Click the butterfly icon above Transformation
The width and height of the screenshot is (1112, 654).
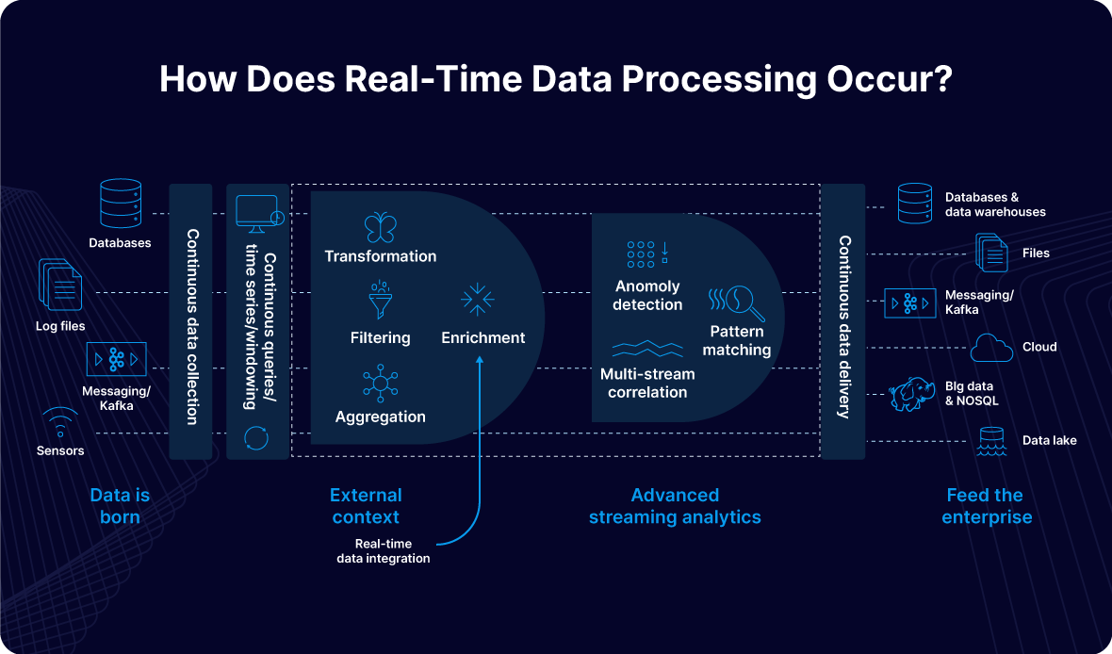(380, 227)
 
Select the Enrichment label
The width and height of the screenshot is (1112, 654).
(483, 337)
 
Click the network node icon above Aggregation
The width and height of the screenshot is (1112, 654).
(380, 384)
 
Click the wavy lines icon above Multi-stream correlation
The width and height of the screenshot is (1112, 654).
(647, 349)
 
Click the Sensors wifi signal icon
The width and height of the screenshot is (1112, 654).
(60, 421)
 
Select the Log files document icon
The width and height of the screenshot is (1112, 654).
(59, 286)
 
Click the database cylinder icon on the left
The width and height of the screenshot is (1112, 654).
(120, 203)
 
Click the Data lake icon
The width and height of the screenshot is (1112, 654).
(990, 440)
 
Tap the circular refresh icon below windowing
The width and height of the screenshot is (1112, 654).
(256, 438)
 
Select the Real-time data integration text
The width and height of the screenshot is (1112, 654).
(383, 551)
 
